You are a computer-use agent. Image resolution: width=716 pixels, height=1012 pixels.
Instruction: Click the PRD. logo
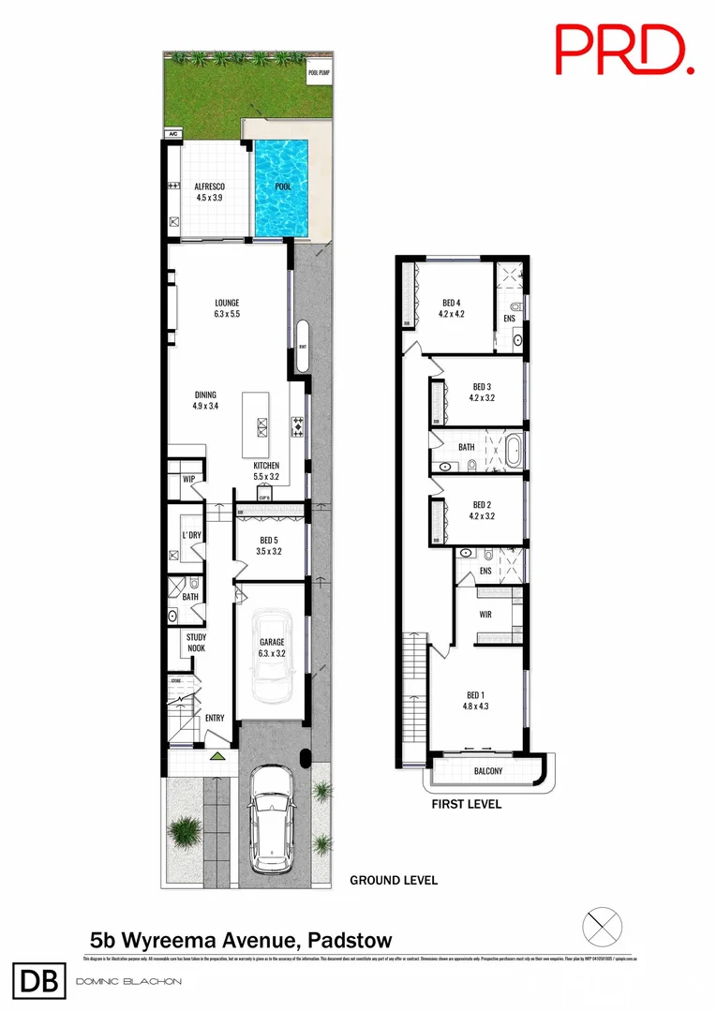[x=624, y=50]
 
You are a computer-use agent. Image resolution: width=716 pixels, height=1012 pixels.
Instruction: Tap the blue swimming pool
[x=282, y=187]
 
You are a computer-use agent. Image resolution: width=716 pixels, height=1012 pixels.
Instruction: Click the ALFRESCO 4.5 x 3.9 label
[x=208, y=192]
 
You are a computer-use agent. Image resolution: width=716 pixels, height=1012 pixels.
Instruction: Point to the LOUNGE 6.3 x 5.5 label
[x=227, y=308]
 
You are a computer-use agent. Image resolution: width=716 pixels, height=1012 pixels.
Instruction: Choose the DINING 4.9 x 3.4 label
[x=205, y=400]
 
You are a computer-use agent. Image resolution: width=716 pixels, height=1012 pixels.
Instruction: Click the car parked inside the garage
[x=271, y=652]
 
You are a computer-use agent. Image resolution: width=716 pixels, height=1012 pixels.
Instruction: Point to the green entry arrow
[x=217, y=755]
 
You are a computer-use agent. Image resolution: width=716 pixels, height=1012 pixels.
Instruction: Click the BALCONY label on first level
[x=487, y=772]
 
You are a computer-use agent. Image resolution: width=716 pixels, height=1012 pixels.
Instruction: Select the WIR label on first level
[x=485, y=616]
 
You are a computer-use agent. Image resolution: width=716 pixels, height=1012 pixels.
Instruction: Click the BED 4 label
[x=452, y=308]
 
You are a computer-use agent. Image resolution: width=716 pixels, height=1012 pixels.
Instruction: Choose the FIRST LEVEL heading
[x=466, y=804]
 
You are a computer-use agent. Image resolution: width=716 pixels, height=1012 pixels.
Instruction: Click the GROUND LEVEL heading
[x=393, y=881]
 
